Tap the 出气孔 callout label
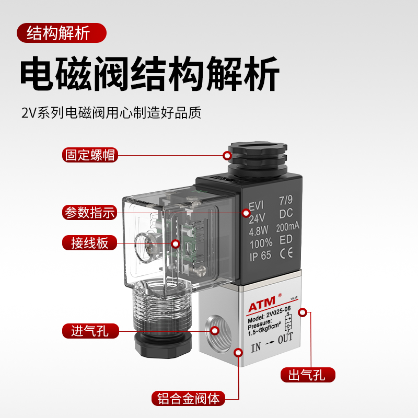(308, 375)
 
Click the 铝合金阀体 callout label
(189, 399)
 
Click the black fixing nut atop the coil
(257, 156)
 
